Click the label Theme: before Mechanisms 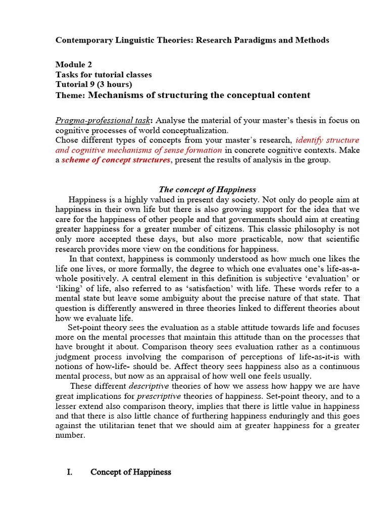click(70, 95)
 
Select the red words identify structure click(327, 140)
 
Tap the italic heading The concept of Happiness click(207, 189)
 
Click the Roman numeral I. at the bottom click(70, 472)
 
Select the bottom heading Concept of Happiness click(130, 472)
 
